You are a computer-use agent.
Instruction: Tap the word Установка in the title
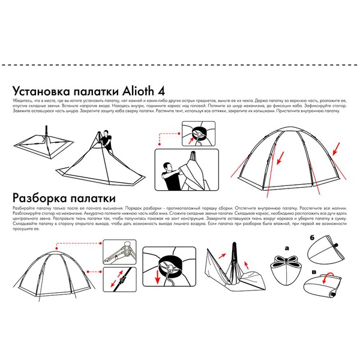tap(49, 88)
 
